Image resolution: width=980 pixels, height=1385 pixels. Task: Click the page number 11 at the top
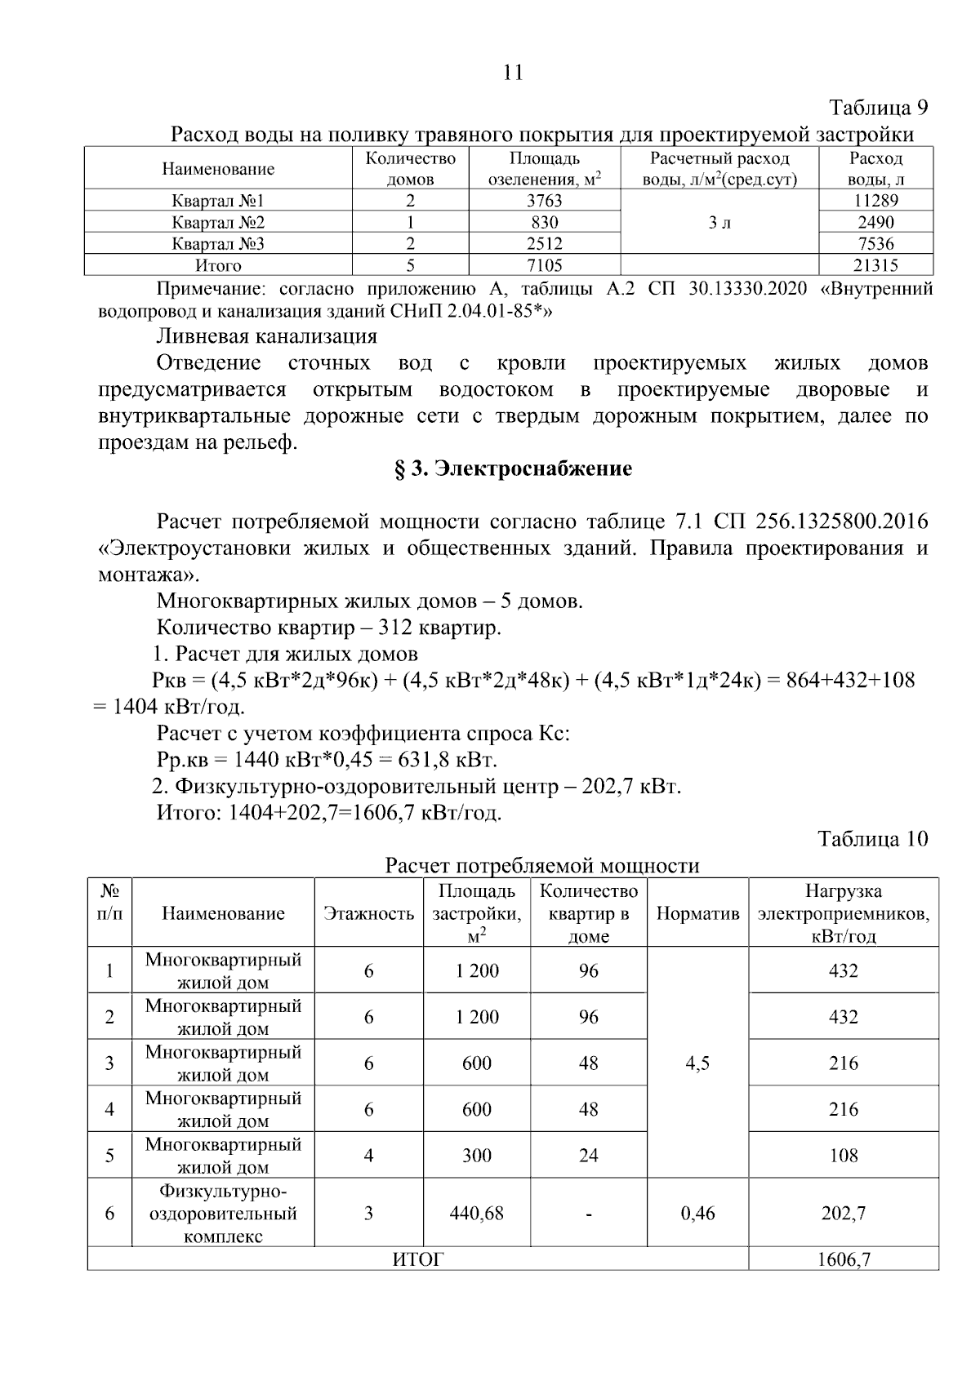click(513, 73)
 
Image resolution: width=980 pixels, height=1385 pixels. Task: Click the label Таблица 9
click(879, 108)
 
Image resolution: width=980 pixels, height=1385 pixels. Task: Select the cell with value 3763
click(544, 201)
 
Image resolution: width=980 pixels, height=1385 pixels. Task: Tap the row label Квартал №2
click(218, 222)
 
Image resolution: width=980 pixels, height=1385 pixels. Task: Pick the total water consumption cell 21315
click(875, 265)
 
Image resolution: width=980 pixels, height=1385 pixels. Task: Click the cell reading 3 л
click(719, 222)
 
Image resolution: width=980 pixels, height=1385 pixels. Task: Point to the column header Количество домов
click(410, 169)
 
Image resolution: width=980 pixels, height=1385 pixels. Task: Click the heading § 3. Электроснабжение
click(513, 469)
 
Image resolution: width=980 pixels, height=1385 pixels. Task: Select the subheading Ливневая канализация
click(266, 336)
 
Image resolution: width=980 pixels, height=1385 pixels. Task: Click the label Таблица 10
click(872, 839)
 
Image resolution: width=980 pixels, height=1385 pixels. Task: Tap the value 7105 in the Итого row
click(544, 265)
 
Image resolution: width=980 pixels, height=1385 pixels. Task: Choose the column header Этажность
click(368, 913)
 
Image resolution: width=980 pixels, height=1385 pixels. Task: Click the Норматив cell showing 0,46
click(697, 1214)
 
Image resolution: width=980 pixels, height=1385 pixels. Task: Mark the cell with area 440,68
click(476, 1214)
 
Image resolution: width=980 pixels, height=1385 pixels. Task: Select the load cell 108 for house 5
click(843, 1156)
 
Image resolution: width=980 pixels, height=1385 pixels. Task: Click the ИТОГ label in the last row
click(417, 1259)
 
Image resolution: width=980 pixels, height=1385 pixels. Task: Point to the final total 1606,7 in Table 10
click(843, 1259)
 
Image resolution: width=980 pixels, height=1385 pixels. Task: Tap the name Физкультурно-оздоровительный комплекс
click(223, 1214)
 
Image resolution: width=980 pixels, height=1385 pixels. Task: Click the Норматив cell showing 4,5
click(697, 1063)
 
